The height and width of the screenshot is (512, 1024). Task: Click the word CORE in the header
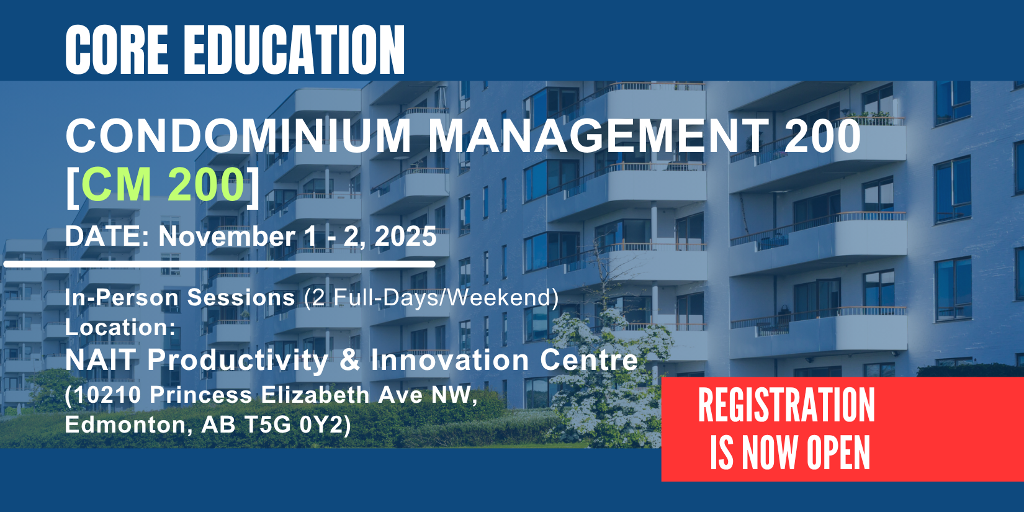tap(117, 50)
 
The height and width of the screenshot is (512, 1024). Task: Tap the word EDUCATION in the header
tap(294, 50)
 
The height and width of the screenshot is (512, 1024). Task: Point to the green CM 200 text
tap(163, 184)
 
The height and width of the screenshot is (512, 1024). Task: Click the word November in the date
tap(227, 236)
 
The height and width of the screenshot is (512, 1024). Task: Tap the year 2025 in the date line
tap(405, 236)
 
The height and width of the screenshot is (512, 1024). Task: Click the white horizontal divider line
tap(220, 264)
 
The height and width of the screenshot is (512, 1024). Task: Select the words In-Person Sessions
tap(179, 298)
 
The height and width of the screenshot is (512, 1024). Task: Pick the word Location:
tap(120, 327)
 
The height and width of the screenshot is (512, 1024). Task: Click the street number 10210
tap(107, 395)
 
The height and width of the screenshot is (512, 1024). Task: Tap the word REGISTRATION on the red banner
tap(786, 405)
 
